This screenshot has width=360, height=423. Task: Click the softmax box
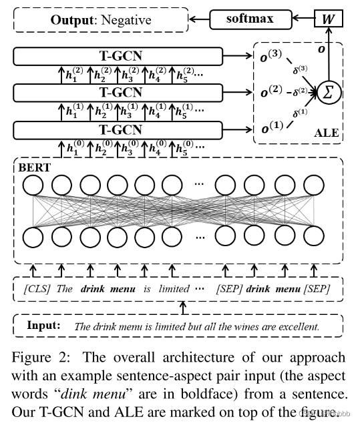(x=244, y=18)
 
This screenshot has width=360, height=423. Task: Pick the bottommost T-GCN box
(x=120, y=129)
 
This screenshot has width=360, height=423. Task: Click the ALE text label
(x=327, y=133)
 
